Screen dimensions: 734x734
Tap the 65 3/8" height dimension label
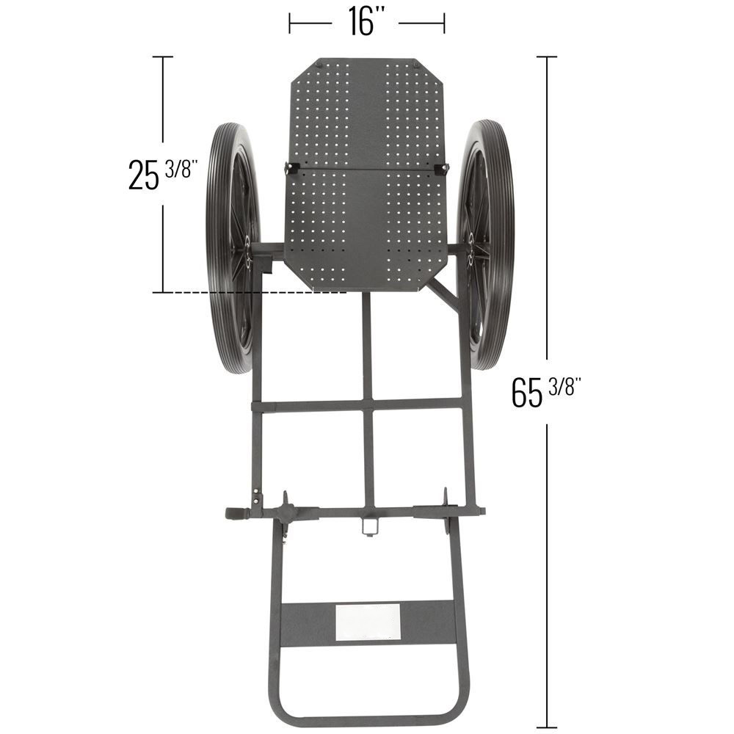[x=546, y=392]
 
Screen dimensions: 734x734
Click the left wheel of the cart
[x=233, y=248]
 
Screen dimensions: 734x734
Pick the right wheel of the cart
[x=485, y=245]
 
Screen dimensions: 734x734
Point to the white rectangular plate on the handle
[x=368, y=622]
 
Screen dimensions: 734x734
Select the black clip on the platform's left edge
[x=291, y=168]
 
